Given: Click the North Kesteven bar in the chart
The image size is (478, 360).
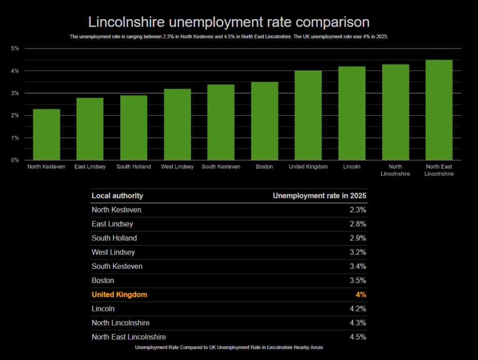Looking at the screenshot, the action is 46,134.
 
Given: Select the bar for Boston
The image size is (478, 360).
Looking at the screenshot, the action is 265,121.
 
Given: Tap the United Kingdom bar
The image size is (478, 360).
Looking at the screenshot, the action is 308,115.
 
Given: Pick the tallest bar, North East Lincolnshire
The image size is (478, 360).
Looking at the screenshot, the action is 439,110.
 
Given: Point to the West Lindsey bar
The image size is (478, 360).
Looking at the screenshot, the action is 177,124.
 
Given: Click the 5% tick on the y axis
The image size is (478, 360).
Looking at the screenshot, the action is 15,49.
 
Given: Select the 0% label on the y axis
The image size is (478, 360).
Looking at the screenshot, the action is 15,160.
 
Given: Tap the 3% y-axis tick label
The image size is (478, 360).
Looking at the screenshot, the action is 15,93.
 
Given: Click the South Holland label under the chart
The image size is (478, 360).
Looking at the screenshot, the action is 134,167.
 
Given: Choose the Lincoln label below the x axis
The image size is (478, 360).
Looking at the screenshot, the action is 352,167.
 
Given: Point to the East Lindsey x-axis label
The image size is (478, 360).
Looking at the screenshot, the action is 90,167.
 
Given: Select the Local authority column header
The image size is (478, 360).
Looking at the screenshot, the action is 117,196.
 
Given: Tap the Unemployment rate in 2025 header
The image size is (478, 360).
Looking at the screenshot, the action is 319,196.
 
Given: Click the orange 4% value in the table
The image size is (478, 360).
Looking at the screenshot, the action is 361,295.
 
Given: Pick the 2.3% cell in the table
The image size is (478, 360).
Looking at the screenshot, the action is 358,210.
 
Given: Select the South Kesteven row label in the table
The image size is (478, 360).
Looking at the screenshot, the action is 117,267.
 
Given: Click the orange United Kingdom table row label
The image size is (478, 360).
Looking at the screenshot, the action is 119,295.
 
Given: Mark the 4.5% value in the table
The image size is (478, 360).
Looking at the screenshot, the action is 358,337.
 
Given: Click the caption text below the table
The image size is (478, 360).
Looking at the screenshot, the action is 229,347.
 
